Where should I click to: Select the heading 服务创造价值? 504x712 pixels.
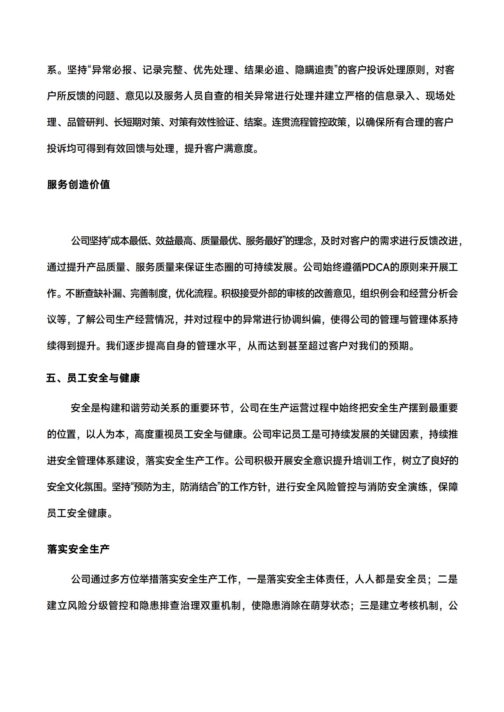click(78, 184)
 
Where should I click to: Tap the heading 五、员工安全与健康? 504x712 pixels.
click(93, 378)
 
